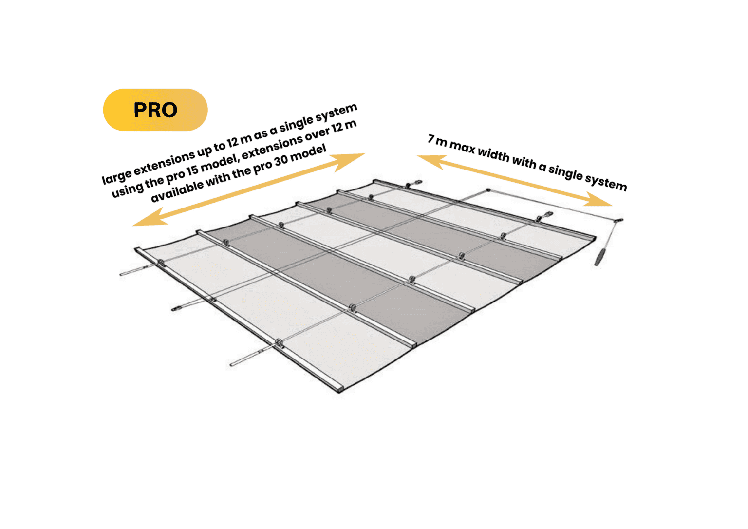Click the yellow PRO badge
pos(155,110)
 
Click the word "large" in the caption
pos(116,176)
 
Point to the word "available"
pos(176,192)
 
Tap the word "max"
pos(462,147)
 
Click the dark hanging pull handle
pos(600,256)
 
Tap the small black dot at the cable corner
pos(488,190)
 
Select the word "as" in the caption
pos(260,132)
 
